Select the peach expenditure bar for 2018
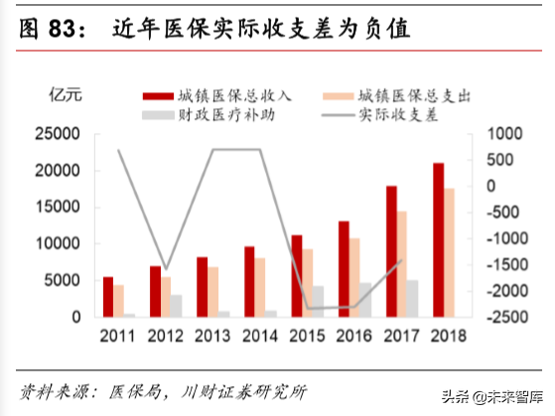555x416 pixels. (x=450, y=253)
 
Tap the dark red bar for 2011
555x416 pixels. (x=107, y=297)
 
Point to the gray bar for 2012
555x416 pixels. (x=176, y=306)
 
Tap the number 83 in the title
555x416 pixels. (x=68, y=30)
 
